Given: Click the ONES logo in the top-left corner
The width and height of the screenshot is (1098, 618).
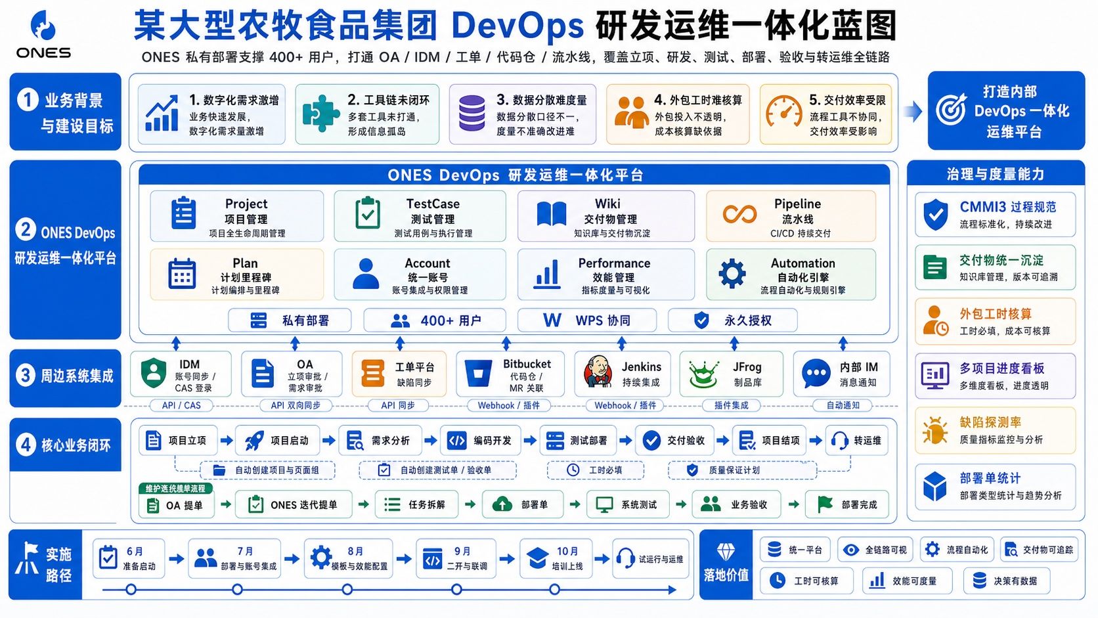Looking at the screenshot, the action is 43,34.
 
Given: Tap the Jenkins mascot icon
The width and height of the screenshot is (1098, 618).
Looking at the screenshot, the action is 598,372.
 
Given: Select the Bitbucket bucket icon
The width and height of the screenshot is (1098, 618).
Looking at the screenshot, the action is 478,373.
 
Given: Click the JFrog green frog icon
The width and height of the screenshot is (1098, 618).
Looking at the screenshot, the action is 704,374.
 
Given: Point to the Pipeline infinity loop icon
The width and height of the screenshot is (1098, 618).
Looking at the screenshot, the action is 739,215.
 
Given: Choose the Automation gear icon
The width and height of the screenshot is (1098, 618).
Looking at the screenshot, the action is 732,273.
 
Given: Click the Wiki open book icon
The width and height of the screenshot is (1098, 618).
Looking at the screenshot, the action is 552,213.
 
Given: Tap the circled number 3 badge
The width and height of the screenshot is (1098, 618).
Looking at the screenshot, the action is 26,376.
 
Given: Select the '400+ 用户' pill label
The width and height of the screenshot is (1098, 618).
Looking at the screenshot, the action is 435,320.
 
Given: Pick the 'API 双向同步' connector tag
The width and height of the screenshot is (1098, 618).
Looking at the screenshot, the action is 296,405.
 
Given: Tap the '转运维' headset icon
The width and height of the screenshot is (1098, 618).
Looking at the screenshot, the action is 840,441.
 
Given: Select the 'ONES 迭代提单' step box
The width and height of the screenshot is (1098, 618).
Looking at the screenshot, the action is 294,504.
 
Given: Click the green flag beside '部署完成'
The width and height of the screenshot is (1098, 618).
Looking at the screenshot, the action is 825,504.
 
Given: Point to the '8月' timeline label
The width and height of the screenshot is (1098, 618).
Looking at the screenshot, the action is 355,552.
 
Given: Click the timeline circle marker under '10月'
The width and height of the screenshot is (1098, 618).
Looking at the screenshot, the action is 554,590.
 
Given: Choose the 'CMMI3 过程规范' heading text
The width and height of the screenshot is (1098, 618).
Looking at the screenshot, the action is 1008,207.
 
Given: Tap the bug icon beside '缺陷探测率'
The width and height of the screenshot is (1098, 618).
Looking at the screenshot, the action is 934,430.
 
